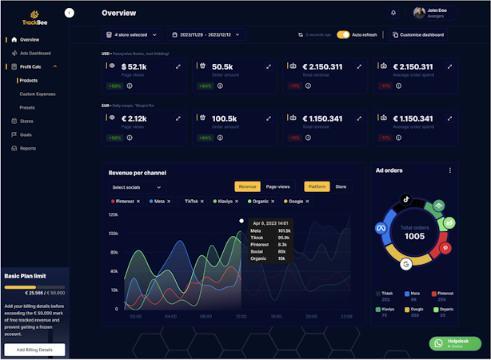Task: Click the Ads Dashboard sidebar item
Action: [34, 53]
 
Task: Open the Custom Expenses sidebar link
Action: [38, 94]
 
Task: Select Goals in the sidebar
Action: [26, 134]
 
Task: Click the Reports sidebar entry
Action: [28, 148]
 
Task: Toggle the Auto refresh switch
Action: [343, 34]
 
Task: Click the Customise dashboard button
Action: [418, 34]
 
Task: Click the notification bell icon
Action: [393, 13]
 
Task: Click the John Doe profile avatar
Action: [420, 13]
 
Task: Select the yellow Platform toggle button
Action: [317, 186]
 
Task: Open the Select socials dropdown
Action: [137, 187]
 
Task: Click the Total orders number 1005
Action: [414, 237]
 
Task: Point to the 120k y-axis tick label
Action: [114, 214]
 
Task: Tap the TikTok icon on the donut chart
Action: [405, 198]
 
